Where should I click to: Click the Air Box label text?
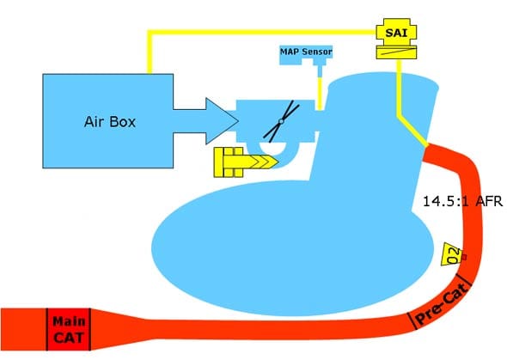pos(110,122)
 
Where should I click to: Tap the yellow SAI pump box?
pos(396,32)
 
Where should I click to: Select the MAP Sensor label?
pos(306,52)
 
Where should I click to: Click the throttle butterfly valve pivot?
pos(281,121)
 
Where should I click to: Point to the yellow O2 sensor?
pos(452,254)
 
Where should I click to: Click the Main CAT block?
pos(69,329)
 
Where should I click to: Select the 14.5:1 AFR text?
pos(462,201)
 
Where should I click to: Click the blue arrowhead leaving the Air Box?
pos(223,121)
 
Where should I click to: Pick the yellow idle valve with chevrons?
pos(246,162)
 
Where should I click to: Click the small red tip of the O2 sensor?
pos(464,257)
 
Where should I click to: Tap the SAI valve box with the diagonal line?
pos(396,52)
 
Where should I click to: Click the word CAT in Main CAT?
pos(69,338)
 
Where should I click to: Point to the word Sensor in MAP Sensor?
pos(318,52)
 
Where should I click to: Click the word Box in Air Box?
pos(123,122)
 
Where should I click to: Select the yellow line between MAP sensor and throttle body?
pos(320,94)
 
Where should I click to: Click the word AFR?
pos(490,201)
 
